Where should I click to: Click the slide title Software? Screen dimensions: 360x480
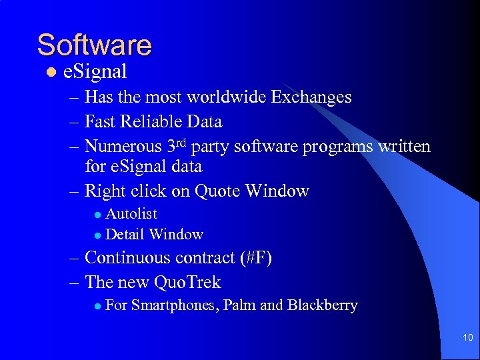(x=94, y=45)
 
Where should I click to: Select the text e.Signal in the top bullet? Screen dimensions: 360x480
(x=95, y=71)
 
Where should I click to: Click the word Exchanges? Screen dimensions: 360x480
(x=311, y=97)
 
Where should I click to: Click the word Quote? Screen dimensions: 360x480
(x=217, y=191)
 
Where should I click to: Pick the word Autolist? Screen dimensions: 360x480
(x=131, y=214)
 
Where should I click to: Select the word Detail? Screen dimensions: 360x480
(x=125, y=235)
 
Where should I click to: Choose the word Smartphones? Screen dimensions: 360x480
(x=175, y=306)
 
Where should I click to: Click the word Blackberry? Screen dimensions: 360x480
(x=322, y=306)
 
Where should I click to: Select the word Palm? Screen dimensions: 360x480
(x=239, y=306)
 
